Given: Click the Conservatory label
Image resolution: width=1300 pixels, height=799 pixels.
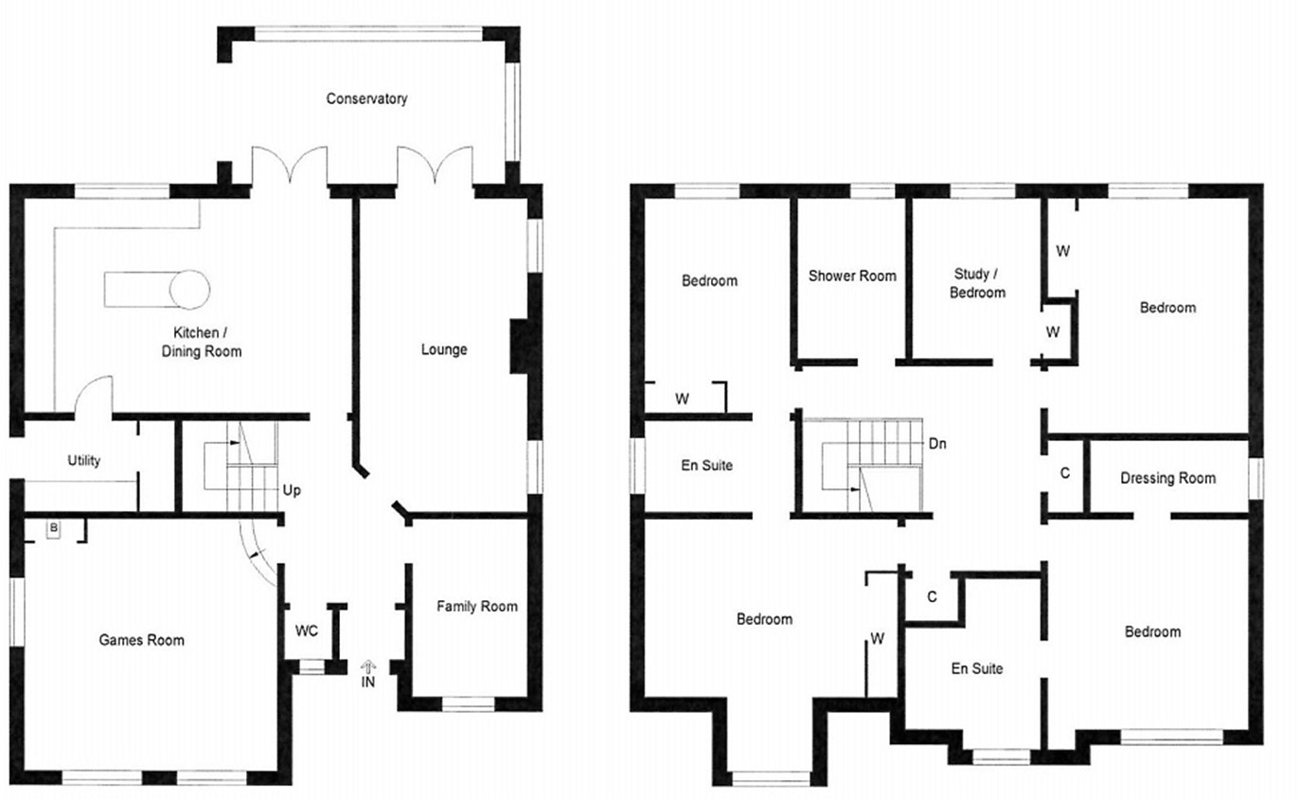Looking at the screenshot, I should point(366,98).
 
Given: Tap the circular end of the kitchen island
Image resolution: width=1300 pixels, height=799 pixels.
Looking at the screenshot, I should point(189,290).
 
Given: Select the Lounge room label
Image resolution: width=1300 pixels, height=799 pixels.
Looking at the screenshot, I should point(444,349).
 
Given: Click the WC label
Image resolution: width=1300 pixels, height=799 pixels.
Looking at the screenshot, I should point(306,630).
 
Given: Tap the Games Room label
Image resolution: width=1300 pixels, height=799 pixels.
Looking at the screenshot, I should point(142,640).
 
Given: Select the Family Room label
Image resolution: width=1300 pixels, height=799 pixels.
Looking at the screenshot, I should point(476,606).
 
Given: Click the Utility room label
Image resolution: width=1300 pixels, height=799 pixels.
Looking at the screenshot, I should point(84,461).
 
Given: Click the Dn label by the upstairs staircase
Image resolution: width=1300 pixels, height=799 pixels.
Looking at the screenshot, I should point(936,442).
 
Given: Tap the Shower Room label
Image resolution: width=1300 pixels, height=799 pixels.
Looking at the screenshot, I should point(851,275).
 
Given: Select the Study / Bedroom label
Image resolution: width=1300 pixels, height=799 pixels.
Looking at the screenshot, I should point(977,283).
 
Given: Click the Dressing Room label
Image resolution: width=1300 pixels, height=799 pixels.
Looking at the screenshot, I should point(1167,478).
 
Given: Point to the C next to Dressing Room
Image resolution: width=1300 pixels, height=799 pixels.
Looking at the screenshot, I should point(1065,472).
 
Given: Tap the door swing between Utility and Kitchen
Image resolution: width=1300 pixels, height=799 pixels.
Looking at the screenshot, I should point(92,396).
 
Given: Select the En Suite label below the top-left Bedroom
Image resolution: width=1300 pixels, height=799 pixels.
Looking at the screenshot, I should point(707,466).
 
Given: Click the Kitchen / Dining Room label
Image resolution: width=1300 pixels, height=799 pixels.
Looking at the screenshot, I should point(206,342).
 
